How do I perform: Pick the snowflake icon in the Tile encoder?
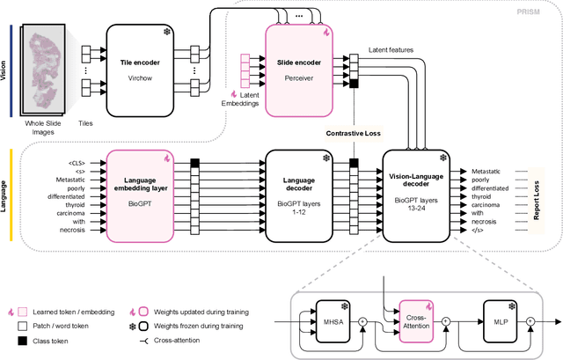(x=167, y=32)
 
